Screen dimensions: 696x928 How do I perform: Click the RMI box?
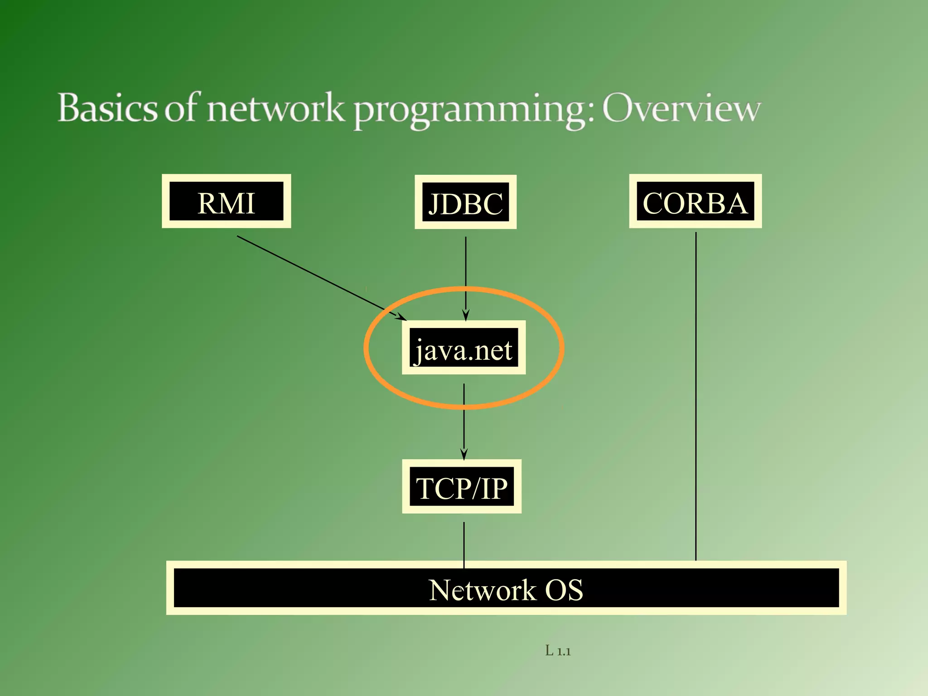226,201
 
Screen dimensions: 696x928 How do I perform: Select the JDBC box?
465,202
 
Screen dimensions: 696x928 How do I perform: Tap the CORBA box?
695,201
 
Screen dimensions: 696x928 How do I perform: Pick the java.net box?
464,348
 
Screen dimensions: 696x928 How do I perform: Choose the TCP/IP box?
462,486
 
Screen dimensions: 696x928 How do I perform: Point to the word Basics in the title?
107,109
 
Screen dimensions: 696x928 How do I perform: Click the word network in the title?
275,109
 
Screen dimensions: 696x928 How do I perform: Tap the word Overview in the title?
681,109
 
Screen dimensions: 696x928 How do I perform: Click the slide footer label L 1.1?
558,651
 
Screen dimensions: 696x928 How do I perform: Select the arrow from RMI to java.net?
317,276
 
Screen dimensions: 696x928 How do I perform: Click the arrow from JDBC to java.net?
466,272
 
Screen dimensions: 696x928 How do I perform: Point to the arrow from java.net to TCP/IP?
464,417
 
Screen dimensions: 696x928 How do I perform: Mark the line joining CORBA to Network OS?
696,394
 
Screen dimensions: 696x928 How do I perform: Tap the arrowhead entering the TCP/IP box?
464,454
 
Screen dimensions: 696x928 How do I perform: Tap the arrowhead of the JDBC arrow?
465,315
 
